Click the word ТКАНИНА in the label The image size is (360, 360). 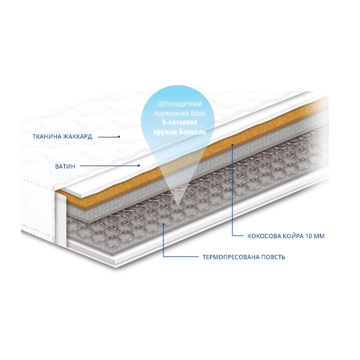[47, 137]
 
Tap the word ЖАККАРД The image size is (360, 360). [77, 137]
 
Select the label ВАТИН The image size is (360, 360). [65, 166]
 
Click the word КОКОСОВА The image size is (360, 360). [263, 236]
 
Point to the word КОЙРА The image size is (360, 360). [292, 236]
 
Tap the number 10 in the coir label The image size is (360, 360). [309, 236]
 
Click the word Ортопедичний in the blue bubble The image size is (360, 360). [179, 104]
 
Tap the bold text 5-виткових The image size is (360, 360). [179, 122]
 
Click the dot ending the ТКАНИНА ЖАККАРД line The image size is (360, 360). [119, 137]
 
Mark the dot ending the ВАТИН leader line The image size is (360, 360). [139, 166]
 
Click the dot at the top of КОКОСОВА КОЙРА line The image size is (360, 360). [232, 145]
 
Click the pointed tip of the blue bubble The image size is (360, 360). [176, 205]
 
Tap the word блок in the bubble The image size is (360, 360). [198, 113]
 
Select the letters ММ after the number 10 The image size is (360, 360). [319, 236]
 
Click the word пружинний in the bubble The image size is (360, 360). [172, 113]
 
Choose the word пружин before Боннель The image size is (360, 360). [165, 132]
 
